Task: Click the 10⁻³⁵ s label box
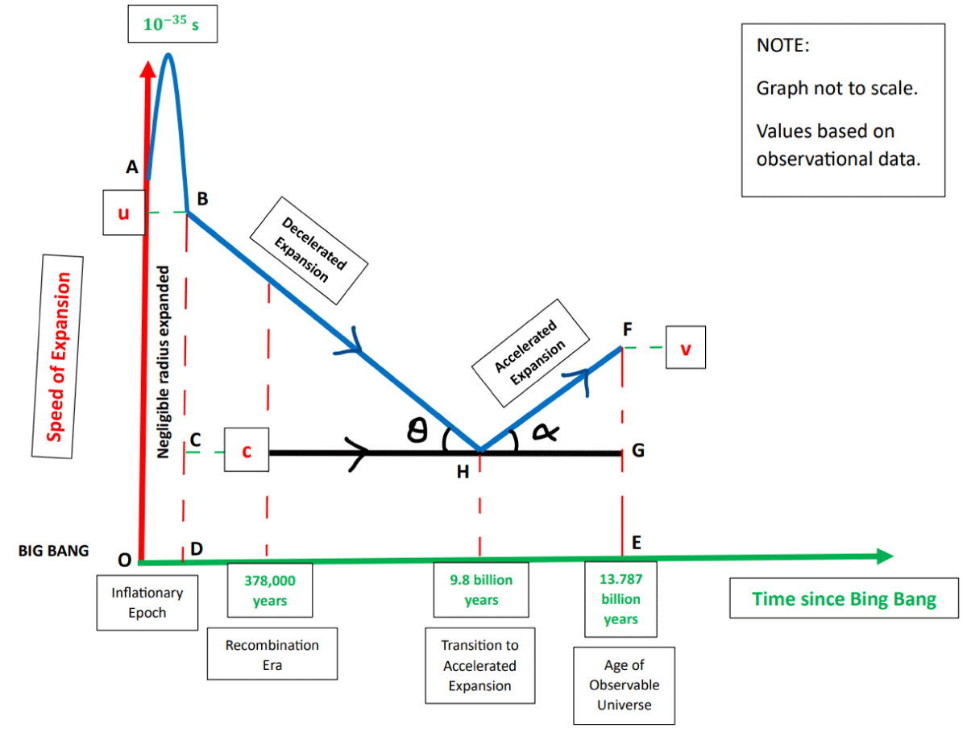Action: [x=171, y=24]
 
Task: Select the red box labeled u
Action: [x=124, y=213]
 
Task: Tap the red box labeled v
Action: [x=685, y=348]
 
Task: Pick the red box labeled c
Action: [x=247, y=453]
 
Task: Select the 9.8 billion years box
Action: [x=481, y=589]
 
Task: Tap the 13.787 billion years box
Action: [x=620, y=599]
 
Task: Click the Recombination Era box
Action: [x=272, y=655]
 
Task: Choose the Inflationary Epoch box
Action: [x=147, y=602]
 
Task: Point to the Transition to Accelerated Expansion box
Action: [x=479, y=666]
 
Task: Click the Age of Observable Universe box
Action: [x=624, y=685]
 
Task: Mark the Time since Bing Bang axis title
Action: [x=844, y=598]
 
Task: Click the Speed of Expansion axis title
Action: [x=57, y=357]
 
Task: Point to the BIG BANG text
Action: [x=53, y=552]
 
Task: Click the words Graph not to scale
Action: [x=836, y=88]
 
